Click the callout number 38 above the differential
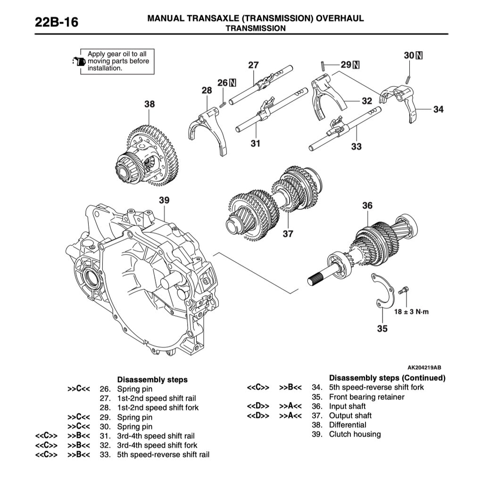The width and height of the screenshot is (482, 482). tap(149, 104)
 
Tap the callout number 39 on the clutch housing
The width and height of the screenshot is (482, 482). tap(164, 200)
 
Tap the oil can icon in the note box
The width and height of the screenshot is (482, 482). tap(78, 62)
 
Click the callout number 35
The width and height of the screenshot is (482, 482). tap(382, 328)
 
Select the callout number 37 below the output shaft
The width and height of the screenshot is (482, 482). tap(288, 233)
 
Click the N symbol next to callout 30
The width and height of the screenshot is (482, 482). tap(419, 56)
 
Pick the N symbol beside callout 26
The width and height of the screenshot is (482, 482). tap(233, 83)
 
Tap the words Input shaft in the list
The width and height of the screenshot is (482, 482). tap(347, 406)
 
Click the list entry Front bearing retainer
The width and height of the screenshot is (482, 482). tap(366, 397)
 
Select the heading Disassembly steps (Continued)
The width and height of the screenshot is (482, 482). tap(387, 378)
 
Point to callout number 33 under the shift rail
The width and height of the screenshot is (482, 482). tap(356, 147)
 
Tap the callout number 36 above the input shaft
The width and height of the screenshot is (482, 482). tap(367, 205)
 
